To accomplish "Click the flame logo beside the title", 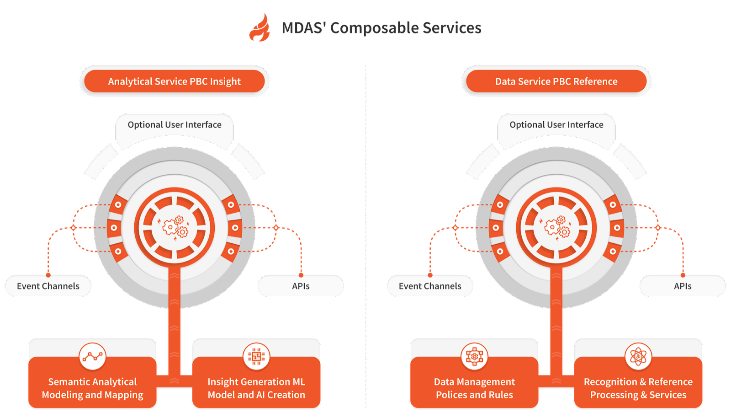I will point(260,28).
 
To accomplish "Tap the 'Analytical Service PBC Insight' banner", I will point(174,81).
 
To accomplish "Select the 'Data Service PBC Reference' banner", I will point(556,81).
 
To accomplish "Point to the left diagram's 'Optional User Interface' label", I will point(175,125).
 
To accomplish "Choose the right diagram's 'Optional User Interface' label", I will point(556,125).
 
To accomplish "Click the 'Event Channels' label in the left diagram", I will point(48,286).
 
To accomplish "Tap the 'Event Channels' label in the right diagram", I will point(430,286).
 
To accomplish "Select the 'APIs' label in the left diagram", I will point(301,286).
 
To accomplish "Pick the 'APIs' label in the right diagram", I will point(683,286).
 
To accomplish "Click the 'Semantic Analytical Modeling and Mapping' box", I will point(92,388).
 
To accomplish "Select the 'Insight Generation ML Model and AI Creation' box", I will point(256,388).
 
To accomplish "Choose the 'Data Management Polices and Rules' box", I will point(474,388).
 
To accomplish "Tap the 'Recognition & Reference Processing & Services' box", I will point(638,388).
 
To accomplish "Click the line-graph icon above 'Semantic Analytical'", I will point(92,356).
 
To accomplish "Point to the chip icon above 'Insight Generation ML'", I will point(256,356).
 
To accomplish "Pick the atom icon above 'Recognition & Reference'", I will point(638,356).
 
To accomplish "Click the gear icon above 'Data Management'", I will point(474,356).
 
